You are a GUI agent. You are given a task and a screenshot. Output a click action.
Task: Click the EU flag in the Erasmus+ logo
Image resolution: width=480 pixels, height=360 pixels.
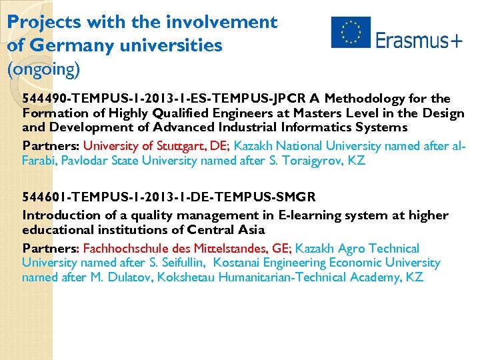pyautogui.click(x=351, y=33)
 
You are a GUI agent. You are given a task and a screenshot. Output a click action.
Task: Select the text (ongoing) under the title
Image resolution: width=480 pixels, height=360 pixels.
pyautogui.click(x=43, y=68)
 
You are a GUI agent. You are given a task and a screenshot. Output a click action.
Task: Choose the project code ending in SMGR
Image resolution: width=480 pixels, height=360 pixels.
pyautogui.click(x=169, y=197)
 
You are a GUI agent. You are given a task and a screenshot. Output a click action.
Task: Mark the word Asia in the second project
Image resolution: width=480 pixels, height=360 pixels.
pyautogui.click(x=248, y=230)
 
